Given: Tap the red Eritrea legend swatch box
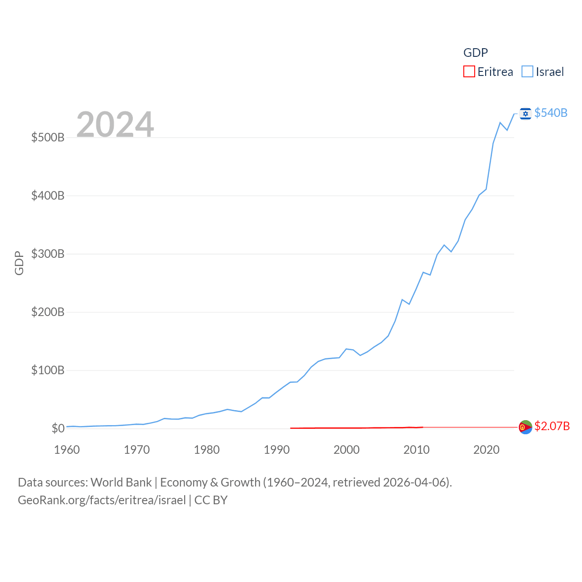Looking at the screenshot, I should pos(469,72).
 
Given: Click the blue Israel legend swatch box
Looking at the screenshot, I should pos(527,72).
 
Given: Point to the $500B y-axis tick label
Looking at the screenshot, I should pos(48,137).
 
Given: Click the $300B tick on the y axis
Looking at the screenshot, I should pos(48,254).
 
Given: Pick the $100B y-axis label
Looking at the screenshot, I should pos(48,370).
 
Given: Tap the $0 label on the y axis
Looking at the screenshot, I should pos(58,428).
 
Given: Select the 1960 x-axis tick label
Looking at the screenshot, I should pos(67,450).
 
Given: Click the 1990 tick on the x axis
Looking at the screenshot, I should pos(276,450).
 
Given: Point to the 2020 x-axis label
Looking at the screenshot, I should pos(487,450).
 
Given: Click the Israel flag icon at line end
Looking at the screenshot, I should pos(526,113).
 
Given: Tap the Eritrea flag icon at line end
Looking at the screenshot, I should pos(526,427).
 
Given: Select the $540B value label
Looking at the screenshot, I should pos(551,113).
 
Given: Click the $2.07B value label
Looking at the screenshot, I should pos(552,426).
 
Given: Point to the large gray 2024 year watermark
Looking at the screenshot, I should pos(115,124).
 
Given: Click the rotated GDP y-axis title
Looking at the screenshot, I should pos(19,263).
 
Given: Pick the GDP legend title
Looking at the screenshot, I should pos(476,53).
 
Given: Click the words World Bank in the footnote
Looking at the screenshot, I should pos(121,482).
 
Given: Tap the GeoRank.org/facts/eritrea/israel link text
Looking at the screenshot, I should pos(102,500).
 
